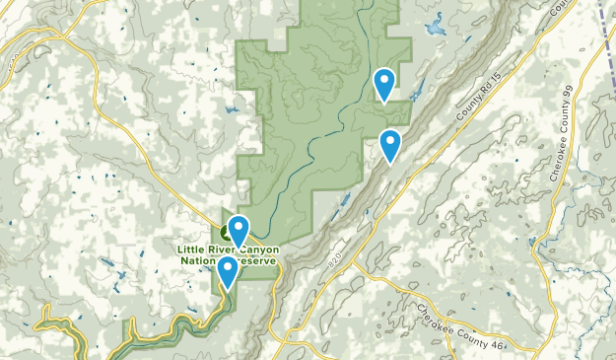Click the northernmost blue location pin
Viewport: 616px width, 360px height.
(x=384, y=82)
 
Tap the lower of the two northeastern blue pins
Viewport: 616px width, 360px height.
(x=391, y=144)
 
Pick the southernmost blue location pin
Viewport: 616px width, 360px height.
(x=228, y=270)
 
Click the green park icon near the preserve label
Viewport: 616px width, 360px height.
(x=228, y=233)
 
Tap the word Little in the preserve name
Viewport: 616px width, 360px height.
(x=193, y=250)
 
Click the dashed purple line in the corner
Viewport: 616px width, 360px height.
(x=605, y=25)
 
